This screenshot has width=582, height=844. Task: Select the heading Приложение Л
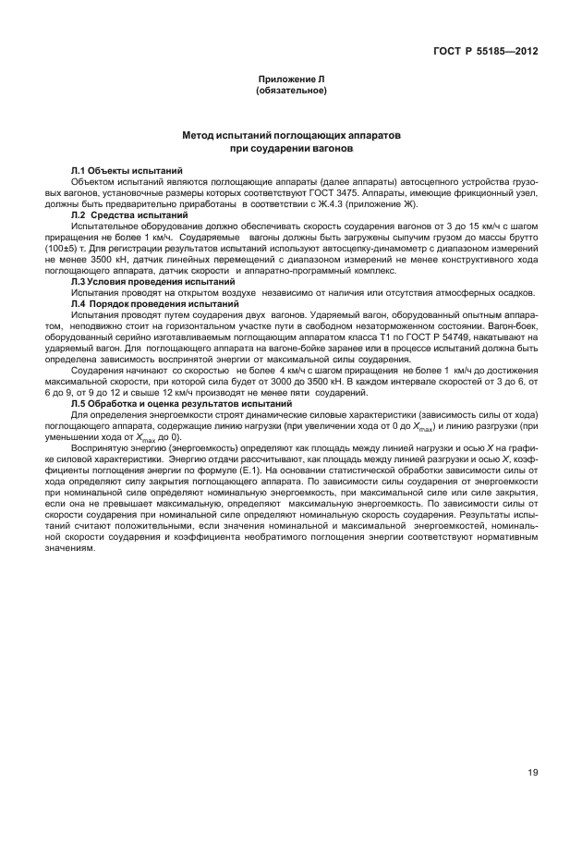(291, 81)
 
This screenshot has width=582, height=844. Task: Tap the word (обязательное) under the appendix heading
(291, 92)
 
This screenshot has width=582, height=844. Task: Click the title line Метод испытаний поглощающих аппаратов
(291, 135)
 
